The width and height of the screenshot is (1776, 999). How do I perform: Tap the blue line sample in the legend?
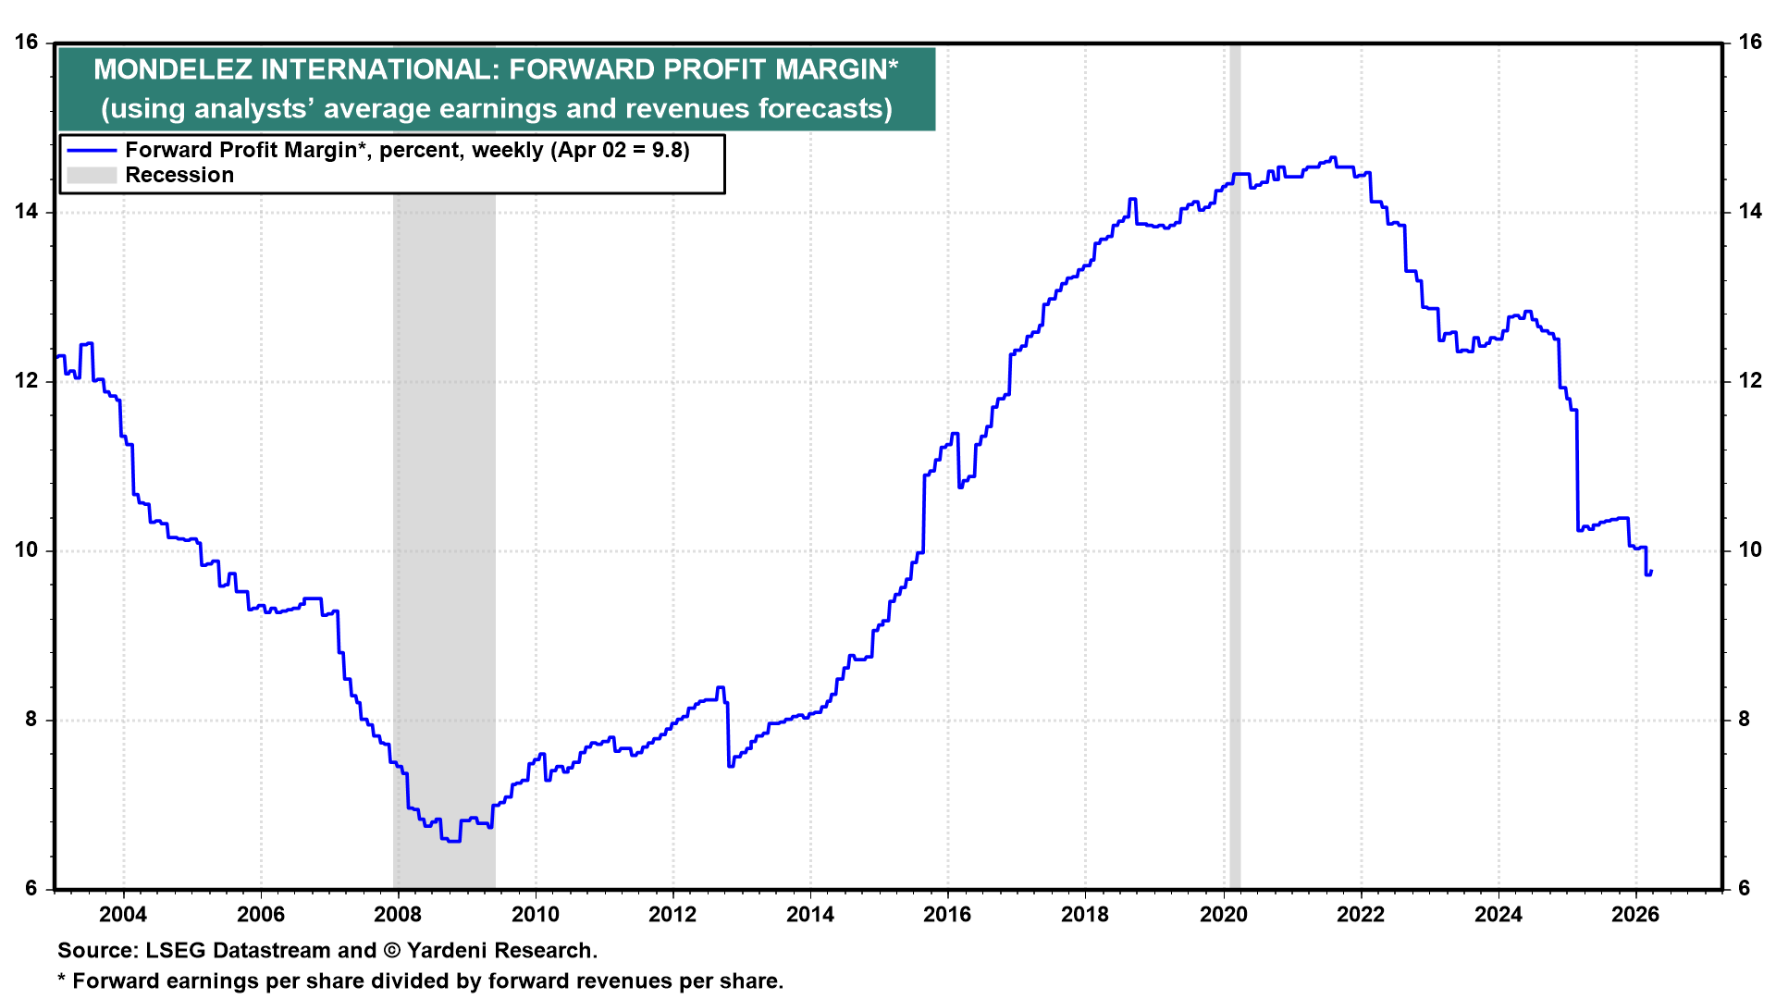92,150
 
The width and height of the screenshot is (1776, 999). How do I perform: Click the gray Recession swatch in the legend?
92,175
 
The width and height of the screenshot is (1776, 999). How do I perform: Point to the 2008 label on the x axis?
398,915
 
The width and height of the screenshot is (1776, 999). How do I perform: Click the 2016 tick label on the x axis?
947,915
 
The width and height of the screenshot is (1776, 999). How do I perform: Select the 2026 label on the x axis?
1635,915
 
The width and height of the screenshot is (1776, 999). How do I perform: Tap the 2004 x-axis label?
123,915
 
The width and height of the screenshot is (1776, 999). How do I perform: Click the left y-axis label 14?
26,212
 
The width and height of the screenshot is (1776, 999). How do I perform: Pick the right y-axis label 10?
1750,550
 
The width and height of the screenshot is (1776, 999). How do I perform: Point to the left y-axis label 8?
32,720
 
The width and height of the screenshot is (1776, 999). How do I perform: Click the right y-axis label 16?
1750,43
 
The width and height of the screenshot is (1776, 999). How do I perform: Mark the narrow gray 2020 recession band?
1235,466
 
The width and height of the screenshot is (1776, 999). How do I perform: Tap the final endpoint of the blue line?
1652,572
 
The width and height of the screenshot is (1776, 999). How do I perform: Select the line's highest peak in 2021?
1333,157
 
